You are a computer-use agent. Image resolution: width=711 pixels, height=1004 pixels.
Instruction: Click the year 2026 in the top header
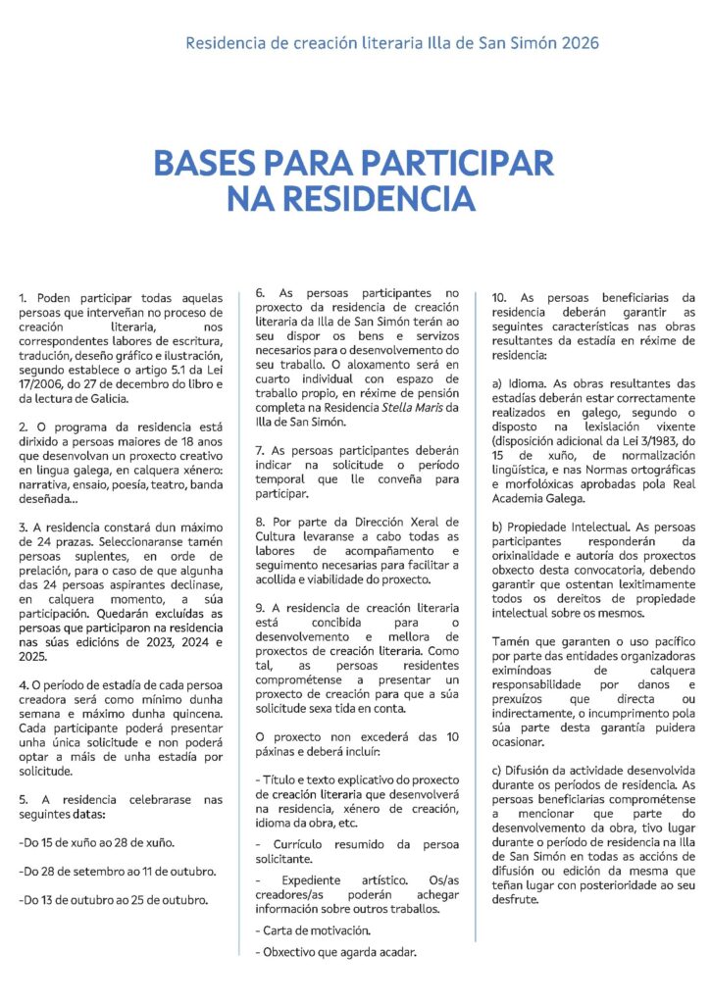coord(576,43)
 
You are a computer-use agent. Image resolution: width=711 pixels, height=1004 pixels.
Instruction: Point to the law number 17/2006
coord(44,383)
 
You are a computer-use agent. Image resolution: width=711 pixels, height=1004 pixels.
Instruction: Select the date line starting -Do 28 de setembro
coord(118,871)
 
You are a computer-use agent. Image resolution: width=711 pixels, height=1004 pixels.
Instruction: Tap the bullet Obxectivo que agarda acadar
coord(334,951)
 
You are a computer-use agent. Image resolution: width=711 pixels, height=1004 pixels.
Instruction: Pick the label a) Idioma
coord(518,384)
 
